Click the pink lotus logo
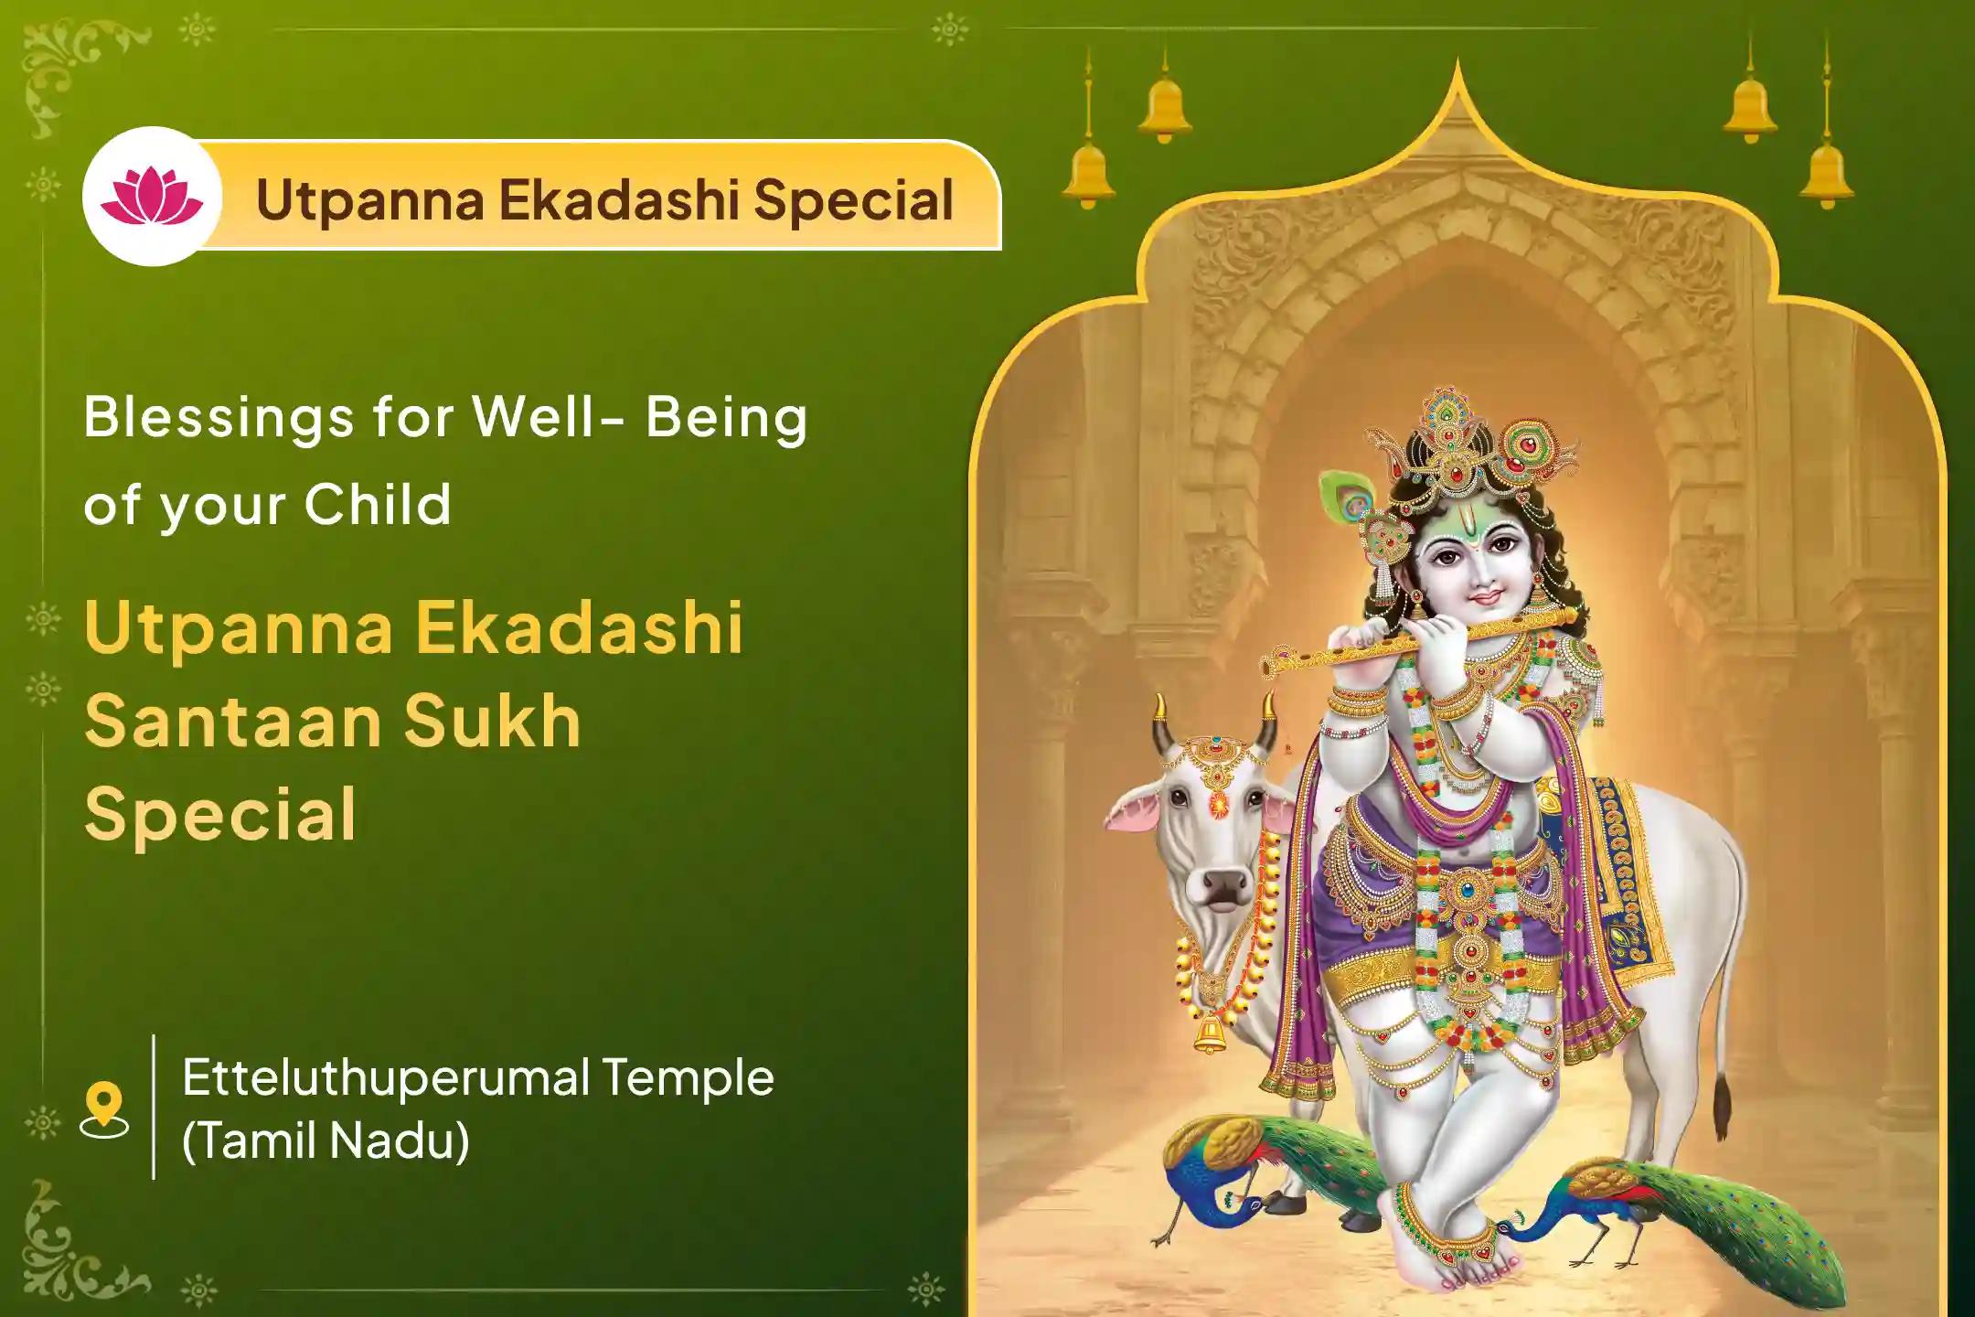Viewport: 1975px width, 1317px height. (x=152, y=197)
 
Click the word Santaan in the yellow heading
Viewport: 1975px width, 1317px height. (x=232, y=721)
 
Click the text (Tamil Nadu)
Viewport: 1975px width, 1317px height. (x=326, y=1140)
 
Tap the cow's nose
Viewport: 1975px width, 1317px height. (x=1216, y=884)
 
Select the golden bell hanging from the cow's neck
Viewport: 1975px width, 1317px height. (x=1209, y=1033)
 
